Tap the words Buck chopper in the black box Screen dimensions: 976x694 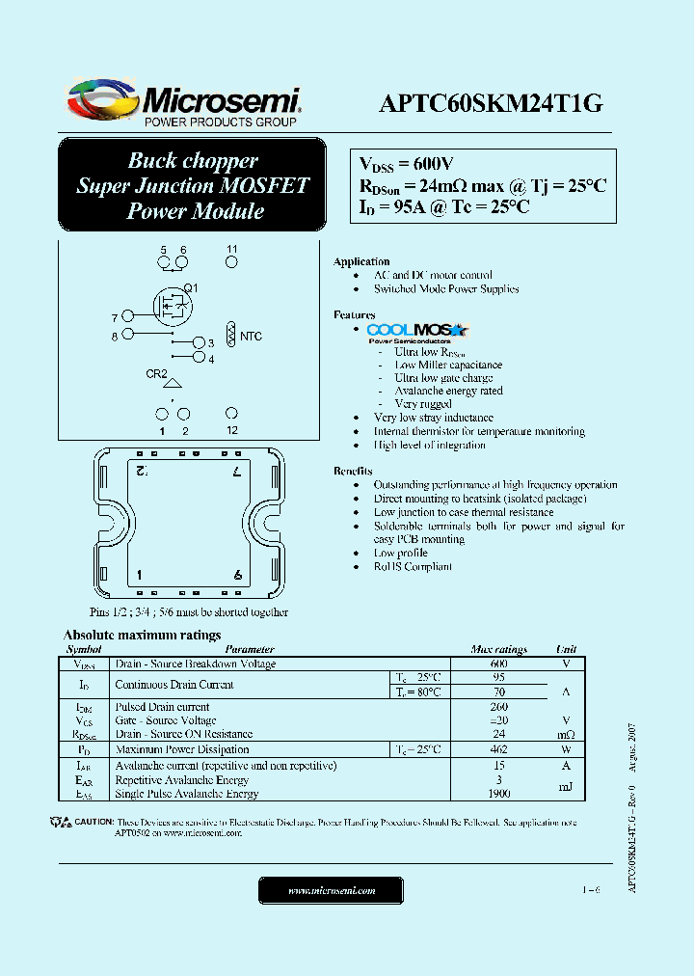pyautogui.click(x=193, y=161)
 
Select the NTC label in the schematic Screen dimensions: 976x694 pyautogui.click(x=251, y=336)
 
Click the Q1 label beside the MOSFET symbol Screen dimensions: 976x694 pyautogui.click(x=191, y=288)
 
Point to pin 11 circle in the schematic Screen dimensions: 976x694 pyautogui.click(x=232, y=261)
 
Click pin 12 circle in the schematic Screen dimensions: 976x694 pyautogui.click(x=232, y=413)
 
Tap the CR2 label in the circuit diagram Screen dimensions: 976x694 pyautogui.click(x=156, y=374)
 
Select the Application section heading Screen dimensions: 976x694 pyautogui.click(x=361, y=261)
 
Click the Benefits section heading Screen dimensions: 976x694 pyautogui.click(x=353, y=471)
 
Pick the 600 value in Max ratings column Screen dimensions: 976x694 pyautogui.click(x=498, y=664)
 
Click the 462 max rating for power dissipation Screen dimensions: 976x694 pyautogui.click(x=498, y=749)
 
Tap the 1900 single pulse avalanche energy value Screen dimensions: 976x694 pyautogui.click(x=498, y=794)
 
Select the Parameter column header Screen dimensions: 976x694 pyautogui.click(x=250, y=650)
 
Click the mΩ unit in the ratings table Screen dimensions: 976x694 pyautogui.click(x=566, y=734)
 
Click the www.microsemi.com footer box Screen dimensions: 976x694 pyautogui.click(x=332, y=891)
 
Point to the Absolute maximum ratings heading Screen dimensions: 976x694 pyautogui.click(x=142, y=635)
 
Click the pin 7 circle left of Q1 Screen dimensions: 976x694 pyautogui.click(x=127, y=316)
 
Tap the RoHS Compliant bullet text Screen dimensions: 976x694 pyautogui.click(x=413, y=566)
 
